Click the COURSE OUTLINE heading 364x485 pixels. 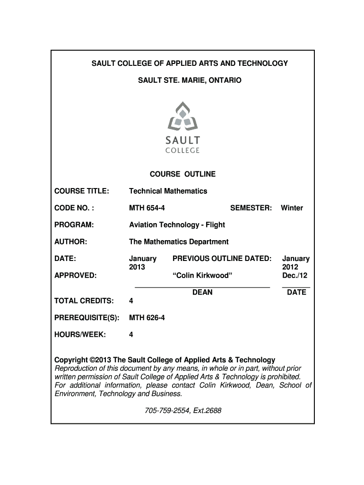[182, 174]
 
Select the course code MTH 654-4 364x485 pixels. [147, 207]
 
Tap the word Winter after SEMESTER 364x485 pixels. [292, 207]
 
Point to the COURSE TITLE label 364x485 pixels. [82, 191]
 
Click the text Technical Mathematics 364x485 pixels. [168, 191]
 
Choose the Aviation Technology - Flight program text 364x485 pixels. [177, 225]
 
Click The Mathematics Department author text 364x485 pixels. [179, 242]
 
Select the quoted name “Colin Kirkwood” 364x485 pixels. [202, 276]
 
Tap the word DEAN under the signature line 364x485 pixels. [202, 292]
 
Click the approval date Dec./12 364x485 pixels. [296, 276]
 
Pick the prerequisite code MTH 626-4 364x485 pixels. [147, 317]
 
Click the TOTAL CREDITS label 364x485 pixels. [84, 301]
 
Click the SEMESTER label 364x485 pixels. [251, 207]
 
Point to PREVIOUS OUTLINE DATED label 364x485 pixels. [222, 259]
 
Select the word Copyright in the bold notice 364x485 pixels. [71, 360]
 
